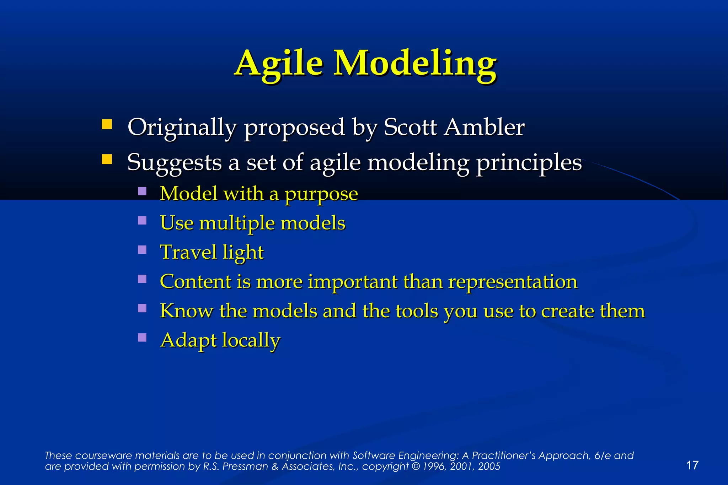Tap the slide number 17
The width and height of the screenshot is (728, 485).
pyautogui.click(x=692, y=465)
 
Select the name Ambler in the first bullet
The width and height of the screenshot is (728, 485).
pyautogui.click(x=484, y=127)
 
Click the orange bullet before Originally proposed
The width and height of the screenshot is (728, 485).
pyautogui.click(x=107, y=124)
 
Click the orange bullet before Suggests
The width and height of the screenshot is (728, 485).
pyautogui.click(x=107, y=159)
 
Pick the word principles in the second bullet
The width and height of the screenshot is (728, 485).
pyautogui.click(x=529, y=163)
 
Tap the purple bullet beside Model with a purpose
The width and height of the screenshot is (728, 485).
pyautogui.click(x=142, y=191)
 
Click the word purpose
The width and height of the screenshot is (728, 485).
pyautogui.click(x=321, y=194)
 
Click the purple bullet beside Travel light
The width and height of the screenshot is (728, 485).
pyautogui.click(x=142, y=249)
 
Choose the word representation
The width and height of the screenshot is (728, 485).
pyautogui.click(x=513, y=282)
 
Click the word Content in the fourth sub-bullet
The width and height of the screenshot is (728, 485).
pyautogui.click(x=196, y=282)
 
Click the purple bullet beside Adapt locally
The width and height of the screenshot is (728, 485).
pyautogui.click(x=142, y=337)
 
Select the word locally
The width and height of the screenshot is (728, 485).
pyautogui.click(x=251, y=340)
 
